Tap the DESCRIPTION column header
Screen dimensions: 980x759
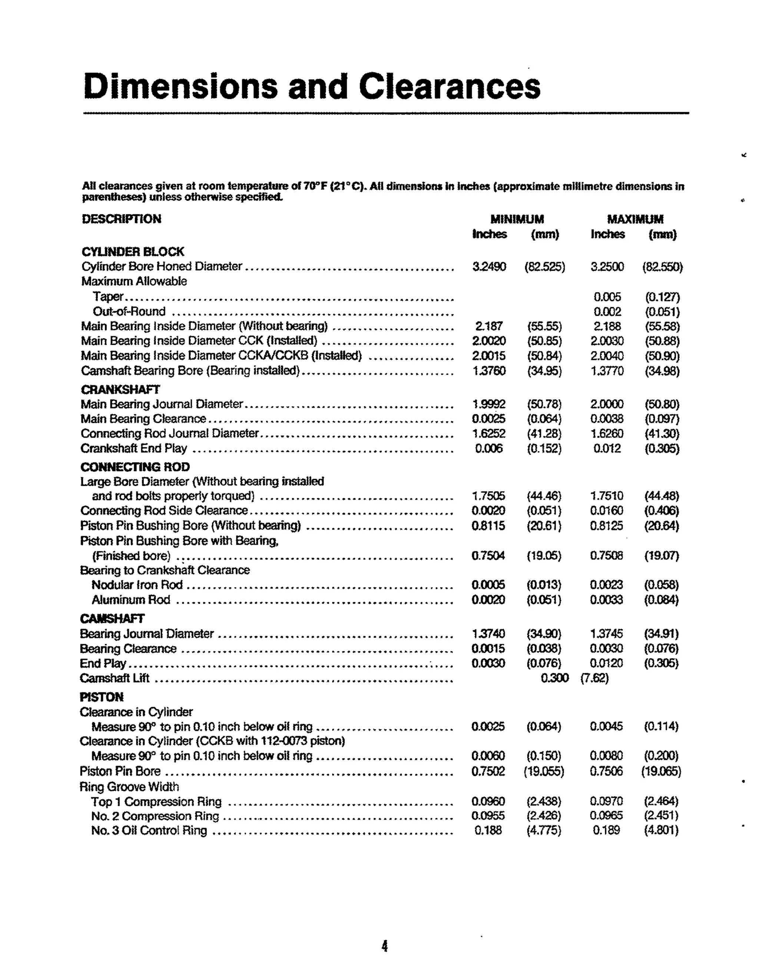(121, 219)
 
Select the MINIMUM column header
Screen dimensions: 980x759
(517, 219)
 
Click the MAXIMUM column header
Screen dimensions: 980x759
(635, 219)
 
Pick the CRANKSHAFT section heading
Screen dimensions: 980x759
(120, 389)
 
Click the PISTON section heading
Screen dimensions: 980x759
(102, 697)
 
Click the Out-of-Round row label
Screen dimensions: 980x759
(129, 311)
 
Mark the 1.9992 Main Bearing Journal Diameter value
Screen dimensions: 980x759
(489, 404)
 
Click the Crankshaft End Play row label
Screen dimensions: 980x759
(134, 449)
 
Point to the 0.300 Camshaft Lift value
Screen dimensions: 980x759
(555, 678)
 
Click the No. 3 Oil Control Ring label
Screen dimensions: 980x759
(149, 831)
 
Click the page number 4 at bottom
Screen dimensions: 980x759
(385, 947)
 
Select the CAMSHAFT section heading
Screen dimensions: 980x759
(112, 619)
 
